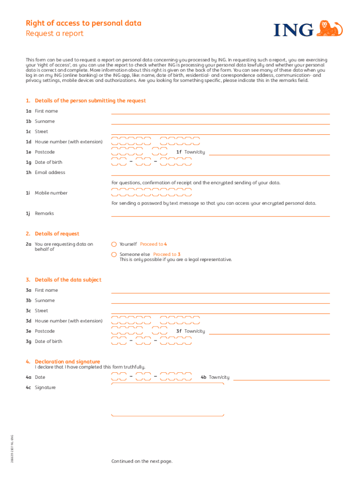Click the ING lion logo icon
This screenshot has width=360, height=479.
click(x=330, y=29)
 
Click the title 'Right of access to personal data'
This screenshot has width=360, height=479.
click(x=83, y=23)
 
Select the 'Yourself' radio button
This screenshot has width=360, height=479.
click(x=114, y=244)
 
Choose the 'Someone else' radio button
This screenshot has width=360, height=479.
click(x=114, y=254)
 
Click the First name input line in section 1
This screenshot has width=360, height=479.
click(x=220, y=112)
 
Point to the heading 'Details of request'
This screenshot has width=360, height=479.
click(x=57, y=234)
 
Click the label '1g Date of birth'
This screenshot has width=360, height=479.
click(x=44, y=162)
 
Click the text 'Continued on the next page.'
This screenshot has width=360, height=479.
click(x=142, y=461)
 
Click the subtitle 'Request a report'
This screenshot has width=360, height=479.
click(x=54, y=34)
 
